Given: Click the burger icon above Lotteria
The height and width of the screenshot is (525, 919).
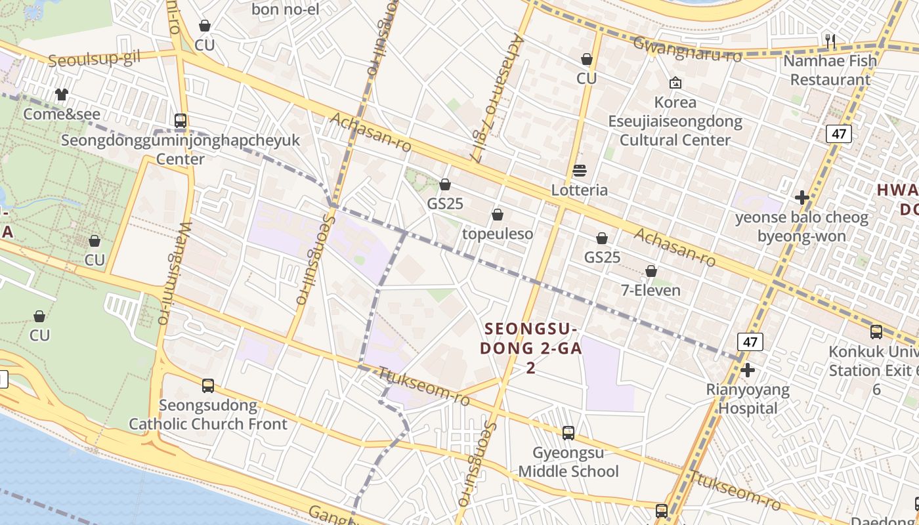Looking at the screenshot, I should tap(579, 171).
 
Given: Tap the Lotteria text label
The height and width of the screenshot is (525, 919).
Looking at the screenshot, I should tap(579, 190).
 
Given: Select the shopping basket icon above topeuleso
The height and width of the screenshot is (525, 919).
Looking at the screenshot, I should tap(498, 215).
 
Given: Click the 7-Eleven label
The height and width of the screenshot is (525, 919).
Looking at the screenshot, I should tap(651, 290).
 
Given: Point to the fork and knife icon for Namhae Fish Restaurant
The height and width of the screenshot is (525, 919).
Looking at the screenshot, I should tap(830, 41).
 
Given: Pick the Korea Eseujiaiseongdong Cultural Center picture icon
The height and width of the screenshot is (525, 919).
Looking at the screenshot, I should tap(675, 83).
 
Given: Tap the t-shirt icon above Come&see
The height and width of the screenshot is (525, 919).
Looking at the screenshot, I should tap(62, 94).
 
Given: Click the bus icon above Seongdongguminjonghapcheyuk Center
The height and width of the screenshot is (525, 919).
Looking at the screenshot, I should tap(181, 121).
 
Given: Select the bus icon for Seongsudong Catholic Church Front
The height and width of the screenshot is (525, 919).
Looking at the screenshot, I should tap(208, 386).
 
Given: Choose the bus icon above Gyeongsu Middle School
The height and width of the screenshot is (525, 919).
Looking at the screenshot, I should tap(568, 433).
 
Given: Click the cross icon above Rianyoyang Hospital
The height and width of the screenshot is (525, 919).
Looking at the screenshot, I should tap(747, 371).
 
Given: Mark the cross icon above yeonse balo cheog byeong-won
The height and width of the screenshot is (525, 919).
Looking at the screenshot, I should tap(801, 198).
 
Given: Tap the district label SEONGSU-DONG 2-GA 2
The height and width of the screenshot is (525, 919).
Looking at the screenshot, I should tap(530, 348).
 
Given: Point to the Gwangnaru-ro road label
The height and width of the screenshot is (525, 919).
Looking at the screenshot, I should tap(687, 50).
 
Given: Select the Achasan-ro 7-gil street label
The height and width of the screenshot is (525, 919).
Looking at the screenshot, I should tap(498, 98).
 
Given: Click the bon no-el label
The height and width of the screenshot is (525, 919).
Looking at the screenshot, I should tap(285, 9).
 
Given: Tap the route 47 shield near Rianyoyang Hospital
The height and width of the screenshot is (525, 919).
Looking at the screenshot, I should tap(750, 341).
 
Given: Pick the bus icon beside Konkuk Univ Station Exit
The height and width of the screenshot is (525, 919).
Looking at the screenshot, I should tap(876, 332).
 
